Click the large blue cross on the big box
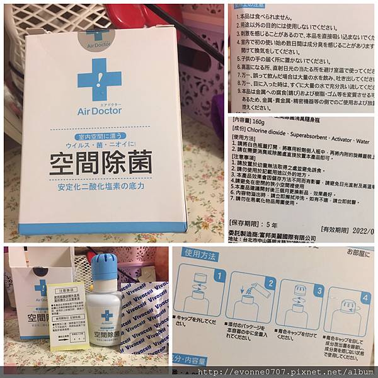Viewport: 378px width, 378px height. click(x=100, y=81)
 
